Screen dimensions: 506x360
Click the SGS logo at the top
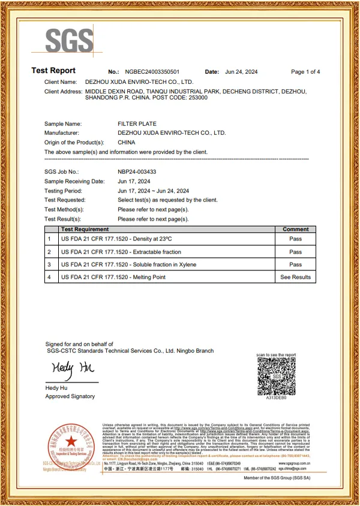pyautogui.click(x=70, y=40)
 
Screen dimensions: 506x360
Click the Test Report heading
pyautogui.click(x=53, y=71)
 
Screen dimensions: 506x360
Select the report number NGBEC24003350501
pyautogui.click(x=152, y=72)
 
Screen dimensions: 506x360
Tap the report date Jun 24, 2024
pyautogui.click(x=241, y=72)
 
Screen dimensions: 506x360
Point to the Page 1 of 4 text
pyautogui.click(x=305, y=72)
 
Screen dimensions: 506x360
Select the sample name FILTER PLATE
pyautogui.click(x=137, y=124)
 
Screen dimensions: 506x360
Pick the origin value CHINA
pyautogui.click(x=127, y=143)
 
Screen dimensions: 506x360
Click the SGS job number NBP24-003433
pyautogui.click(x=137, y=171)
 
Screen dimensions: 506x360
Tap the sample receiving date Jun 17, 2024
pyautogui.click(x=134, y=181)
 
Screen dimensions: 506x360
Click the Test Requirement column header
pyautogui.click(x=85, y=229)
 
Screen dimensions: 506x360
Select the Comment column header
pyautogui.click(x=295, y=229)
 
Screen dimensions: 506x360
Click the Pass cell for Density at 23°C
pyautogui.click(x=295, y=239)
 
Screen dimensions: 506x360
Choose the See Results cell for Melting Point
pyautogui.click(x=295, y=277)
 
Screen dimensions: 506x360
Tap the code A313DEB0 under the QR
pyautogui.click(x=276, y=397)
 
